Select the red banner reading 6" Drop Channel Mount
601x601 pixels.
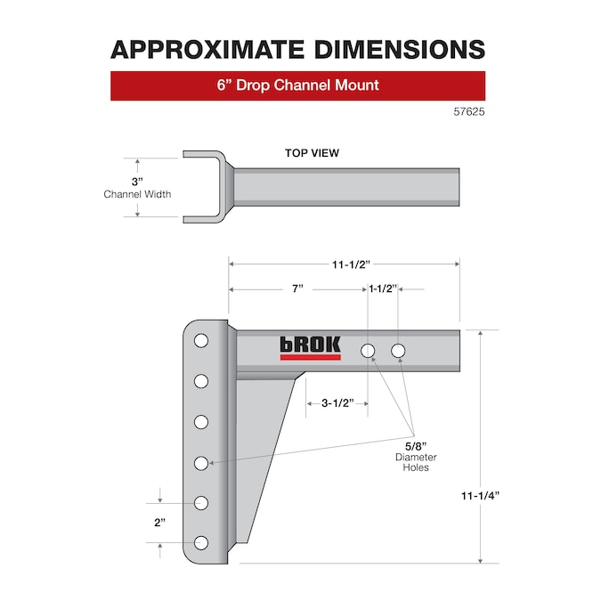click(x=297, y=86)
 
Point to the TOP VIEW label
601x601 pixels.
click(x=312, y=153)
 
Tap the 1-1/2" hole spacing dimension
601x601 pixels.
click(x=385, y=289)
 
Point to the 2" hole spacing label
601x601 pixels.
click(x=160, y=523)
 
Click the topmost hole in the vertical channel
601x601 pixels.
click(x=201, y=341)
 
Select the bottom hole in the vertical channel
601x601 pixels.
click(x=201, y=543)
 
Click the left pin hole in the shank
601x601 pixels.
click(x=369, y=351)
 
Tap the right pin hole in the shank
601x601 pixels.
click(x=397, y=351)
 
